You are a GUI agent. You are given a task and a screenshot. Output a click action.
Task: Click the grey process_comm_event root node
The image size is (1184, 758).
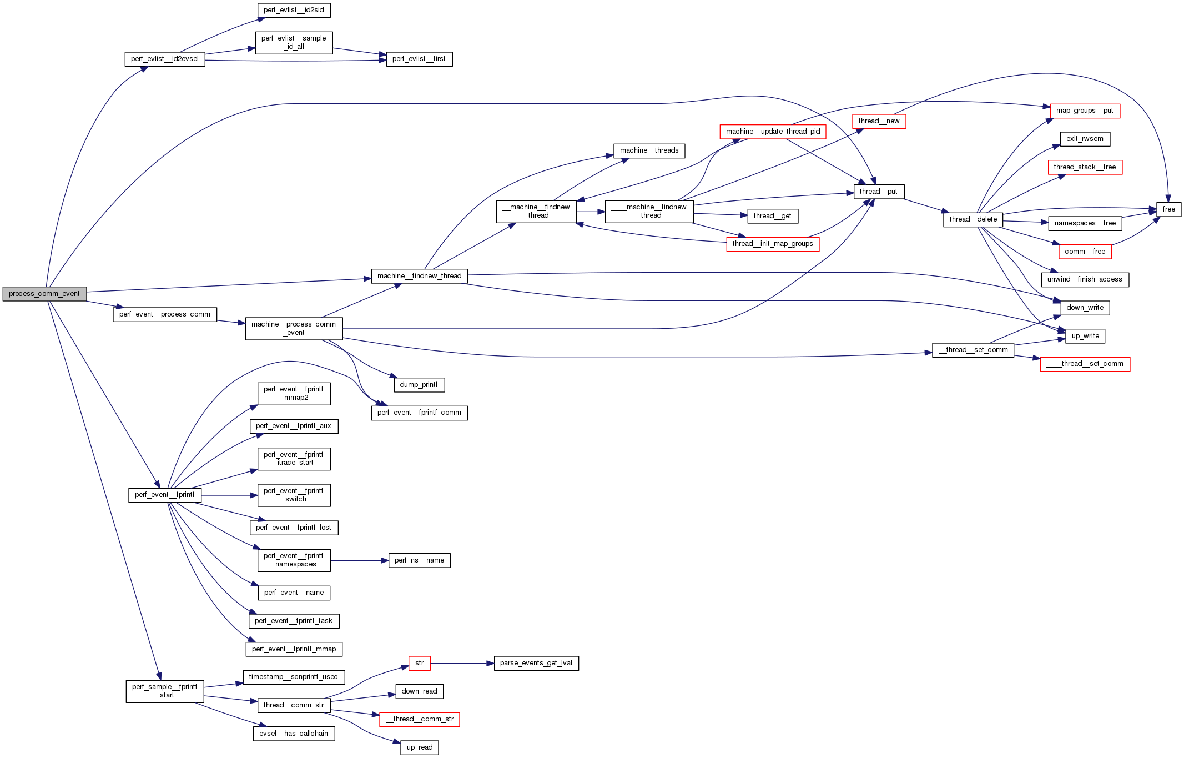(44, 294)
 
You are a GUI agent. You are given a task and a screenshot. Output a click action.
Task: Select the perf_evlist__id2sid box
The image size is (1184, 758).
(294, 10)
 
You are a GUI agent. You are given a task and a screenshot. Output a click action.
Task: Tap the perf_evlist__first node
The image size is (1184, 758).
(419, 59)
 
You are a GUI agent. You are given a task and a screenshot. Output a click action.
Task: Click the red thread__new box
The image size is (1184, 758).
(879, 121)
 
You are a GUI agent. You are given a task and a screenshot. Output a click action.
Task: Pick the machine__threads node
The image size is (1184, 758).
(649, 150)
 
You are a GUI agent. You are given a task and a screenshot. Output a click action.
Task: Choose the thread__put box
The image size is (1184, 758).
(879, 192)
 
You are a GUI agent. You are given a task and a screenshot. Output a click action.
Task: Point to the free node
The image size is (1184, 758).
(1168, 209)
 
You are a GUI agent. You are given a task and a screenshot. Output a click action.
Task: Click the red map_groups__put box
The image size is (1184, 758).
(1085, 111)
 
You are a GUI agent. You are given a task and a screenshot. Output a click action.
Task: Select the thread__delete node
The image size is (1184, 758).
(973, 219)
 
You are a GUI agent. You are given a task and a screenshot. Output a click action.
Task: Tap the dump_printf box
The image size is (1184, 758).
(419, 385)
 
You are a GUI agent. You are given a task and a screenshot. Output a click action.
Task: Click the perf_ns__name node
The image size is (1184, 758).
(419, 560)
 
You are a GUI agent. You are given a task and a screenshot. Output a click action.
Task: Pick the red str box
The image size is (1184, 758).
(419, 663)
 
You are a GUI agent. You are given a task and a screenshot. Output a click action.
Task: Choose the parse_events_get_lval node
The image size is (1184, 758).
(536, 663)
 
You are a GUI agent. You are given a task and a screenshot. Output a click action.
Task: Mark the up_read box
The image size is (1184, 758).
(419, 747)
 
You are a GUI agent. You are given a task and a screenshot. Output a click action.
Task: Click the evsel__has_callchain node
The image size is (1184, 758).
(294, 734)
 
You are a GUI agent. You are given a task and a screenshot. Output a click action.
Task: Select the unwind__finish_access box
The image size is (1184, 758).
(1085, 279)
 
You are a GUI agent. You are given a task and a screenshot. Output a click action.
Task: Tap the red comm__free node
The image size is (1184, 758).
(1085, 252)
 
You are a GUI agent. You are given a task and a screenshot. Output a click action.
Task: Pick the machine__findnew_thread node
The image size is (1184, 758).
(419, 276)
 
